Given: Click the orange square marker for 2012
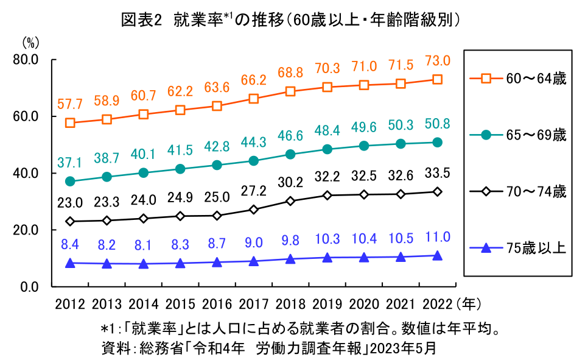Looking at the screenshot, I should pos(70,122).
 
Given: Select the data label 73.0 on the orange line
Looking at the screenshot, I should pos(437,61).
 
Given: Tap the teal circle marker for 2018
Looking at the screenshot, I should pos(290,154).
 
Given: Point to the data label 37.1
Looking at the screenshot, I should pos(70,163).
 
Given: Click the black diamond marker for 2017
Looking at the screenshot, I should pos(254,210).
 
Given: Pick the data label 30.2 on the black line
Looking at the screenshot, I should pos(290,182).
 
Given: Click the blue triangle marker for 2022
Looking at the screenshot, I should pos(437,256).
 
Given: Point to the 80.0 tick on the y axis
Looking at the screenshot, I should pos(25,60).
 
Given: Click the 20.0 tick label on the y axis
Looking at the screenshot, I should pos(25,230).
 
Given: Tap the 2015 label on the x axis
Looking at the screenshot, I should pos(180,303).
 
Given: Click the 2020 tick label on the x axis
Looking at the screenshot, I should pos(364,303).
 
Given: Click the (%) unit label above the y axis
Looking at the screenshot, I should pos(30,43).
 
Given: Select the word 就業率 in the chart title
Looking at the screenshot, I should pos(195,20).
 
